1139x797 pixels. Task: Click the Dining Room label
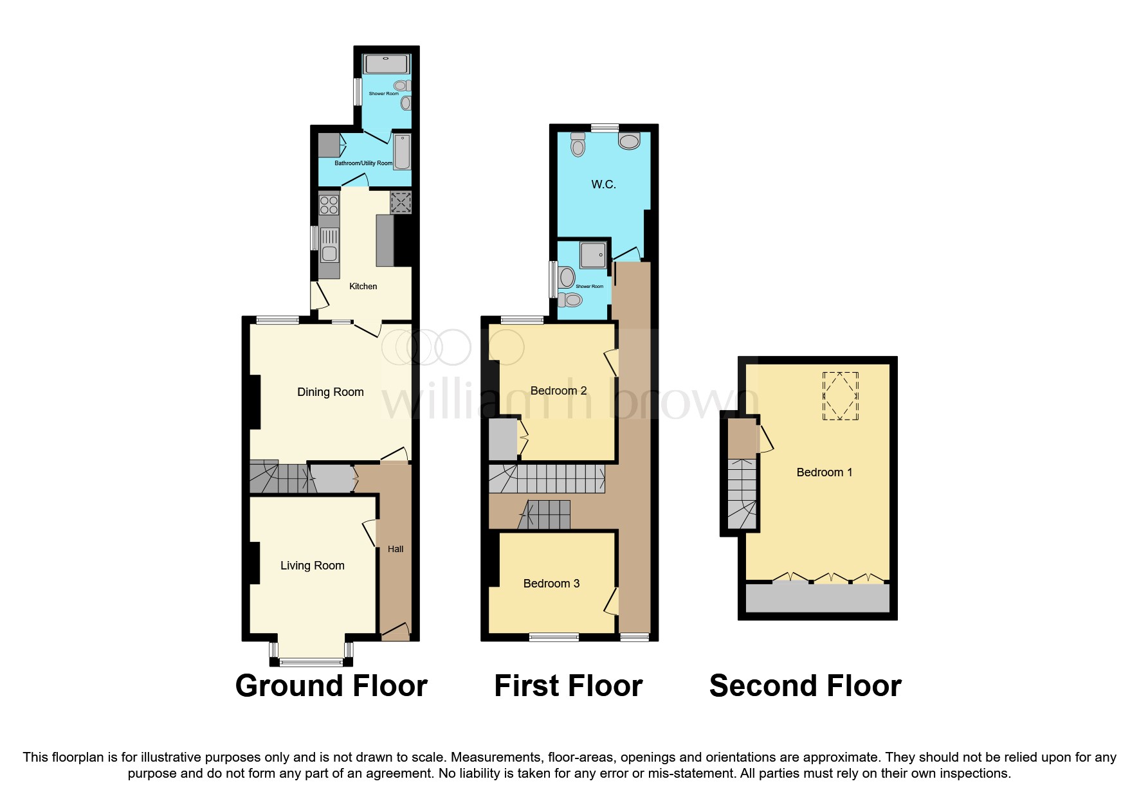(x=330, y=392)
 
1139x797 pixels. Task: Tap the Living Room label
(x=312, y=566)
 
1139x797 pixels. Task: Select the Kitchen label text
(x=363, y=287)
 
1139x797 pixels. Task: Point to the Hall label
(x=396, y=550)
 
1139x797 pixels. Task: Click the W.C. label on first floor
(x=603, y=184)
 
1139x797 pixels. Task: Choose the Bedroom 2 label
(x=558, y=391)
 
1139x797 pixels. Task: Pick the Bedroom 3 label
(x=551, y=584)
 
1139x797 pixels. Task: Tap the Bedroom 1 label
(x=824, y=472)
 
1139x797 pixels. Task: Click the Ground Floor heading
(x=331, y=686)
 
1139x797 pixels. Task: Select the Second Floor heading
(x=805, y=686)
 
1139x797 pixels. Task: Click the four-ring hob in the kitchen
(x=329, y=205)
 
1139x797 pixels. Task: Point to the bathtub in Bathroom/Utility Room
(x=402, y=152)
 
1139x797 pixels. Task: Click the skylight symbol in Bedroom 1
(x=840, y=396)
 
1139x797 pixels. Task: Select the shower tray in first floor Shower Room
(x=593, y=255)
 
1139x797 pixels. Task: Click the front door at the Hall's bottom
(x=395, y=632)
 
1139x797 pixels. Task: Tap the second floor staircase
(x=742, y=494)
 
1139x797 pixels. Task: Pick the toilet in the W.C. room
(x=578, y=146)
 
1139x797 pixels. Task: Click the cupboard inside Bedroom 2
(x=503, y=439)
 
